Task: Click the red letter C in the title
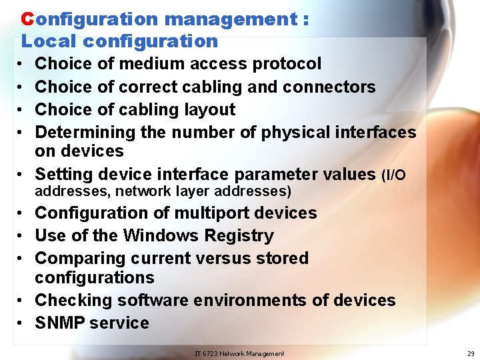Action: click(x=27, y=19)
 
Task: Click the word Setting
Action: click(x=63, y=175)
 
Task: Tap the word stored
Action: click(x=279, y=258)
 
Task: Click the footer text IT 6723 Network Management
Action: click(x=239, y=353)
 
